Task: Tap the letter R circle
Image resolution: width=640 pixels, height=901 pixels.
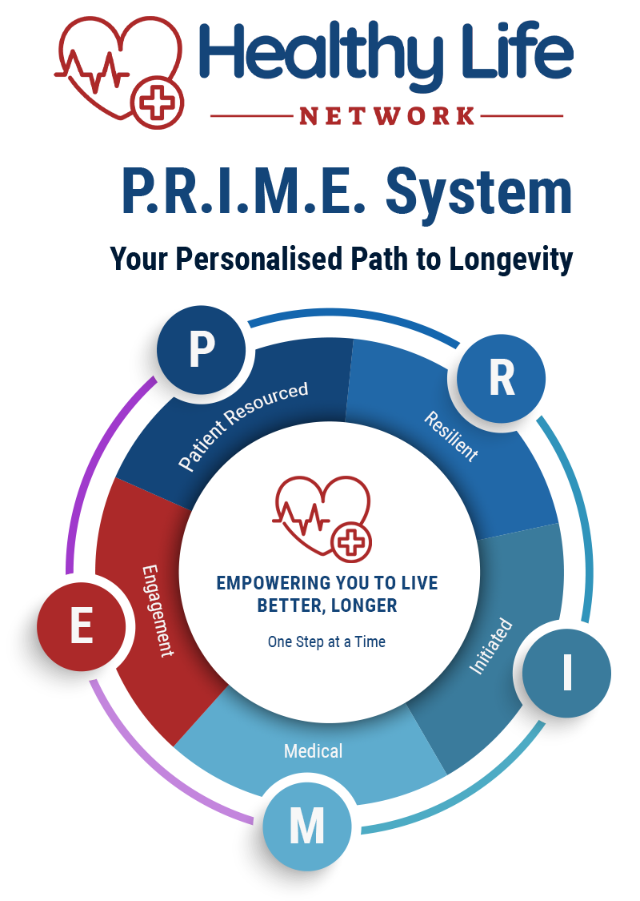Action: (x=501, y=378)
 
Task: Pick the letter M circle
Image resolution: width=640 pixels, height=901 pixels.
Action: (x=306, y=825)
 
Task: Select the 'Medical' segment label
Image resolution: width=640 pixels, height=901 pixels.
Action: (x=313, y=751)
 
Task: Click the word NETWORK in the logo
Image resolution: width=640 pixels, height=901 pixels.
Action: (x=387, y=116)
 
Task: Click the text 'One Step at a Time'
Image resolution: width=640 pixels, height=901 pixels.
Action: (x=326, y=642)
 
